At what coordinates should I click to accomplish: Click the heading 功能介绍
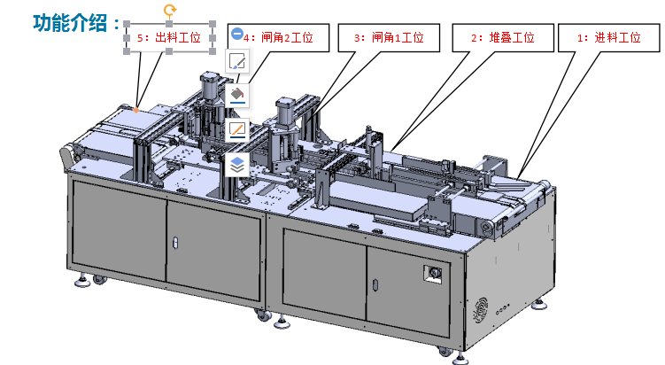point(71,23)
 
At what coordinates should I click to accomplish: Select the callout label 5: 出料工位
point(169,38)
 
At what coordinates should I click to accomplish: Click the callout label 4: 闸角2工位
point(278,38)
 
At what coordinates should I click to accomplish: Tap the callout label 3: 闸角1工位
point(389,38)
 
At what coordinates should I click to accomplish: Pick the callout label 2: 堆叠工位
point(503,38)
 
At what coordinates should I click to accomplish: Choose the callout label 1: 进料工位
point(608,38)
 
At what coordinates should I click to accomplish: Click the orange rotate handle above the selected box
point(170,10)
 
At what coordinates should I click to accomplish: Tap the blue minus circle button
point(237,33)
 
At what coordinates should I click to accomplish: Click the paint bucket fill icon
point(237,95)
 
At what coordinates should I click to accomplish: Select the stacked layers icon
point(237,164)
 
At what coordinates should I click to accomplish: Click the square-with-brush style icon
point(237,61)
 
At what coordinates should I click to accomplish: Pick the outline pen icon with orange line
point(237,129)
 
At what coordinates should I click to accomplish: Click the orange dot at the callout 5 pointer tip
point(136,111)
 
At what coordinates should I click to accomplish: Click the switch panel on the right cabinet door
point(433,274)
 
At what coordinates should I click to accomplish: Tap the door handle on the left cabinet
point(175,244)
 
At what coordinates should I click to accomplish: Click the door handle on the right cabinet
point(375,284)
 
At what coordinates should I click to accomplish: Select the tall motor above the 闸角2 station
point(210,86)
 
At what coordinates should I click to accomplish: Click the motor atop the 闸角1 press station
point(288,111)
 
